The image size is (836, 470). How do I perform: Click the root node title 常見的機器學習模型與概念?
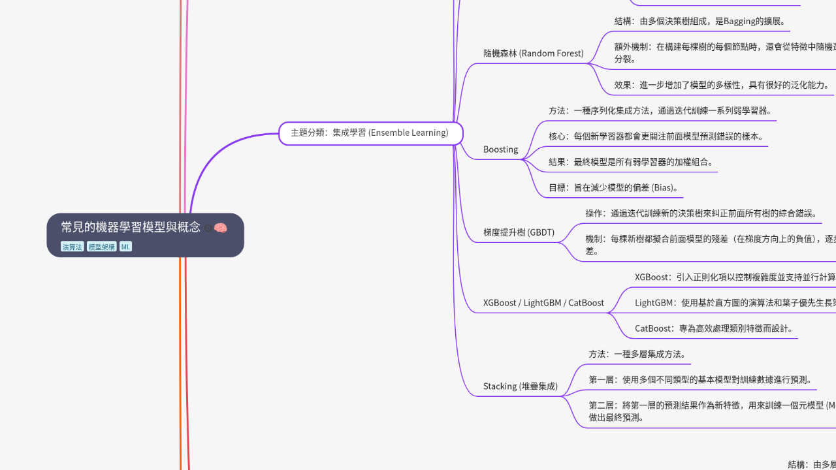[x=131, y=227]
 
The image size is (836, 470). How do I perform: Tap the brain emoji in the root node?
[x=221, y=228]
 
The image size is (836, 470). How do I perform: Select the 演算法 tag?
[x=72, y=247]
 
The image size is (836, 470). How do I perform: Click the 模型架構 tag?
[x=101, y=247]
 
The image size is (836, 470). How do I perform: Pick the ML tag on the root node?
[x=125, y=247]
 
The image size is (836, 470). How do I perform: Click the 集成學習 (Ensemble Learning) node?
[x=370, y=133]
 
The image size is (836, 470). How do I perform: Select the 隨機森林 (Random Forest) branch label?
[x=533, y=54]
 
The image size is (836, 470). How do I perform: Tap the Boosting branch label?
[x=500, y=149]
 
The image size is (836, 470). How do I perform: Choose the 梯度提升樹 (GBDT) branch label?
[x=519, y=232]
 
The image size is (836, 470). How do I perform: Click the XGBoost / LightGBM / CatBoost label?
[x=543, y=303]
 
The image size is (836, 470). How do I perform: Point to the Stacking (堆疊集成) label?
[x=521, y=386]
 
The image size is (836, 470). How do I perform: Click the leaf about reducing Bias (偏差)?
[x=613, y=188]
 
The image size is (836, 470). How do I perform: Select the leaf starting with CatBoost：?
[x=715, y=328]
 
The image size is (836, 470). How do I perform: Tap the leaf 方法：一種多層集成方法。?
[x=637, y=354]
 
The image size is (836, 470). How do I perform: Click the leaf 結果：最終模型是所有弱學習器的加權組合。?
[x=631, y=162]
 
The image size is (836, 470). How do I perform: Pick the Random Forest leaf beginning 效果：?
[x=722, y=85]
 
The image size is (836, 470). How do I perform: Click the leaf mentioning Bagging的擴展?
[x=700, y=21]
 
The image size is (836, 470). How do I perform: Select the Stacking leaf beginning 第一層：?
[x=700, y=380]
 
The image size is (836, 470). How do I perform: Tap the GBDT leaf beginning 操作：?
[x=701, y=213]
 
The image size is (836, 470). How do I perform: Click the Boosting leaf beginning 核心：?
[x=656, y=136]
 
